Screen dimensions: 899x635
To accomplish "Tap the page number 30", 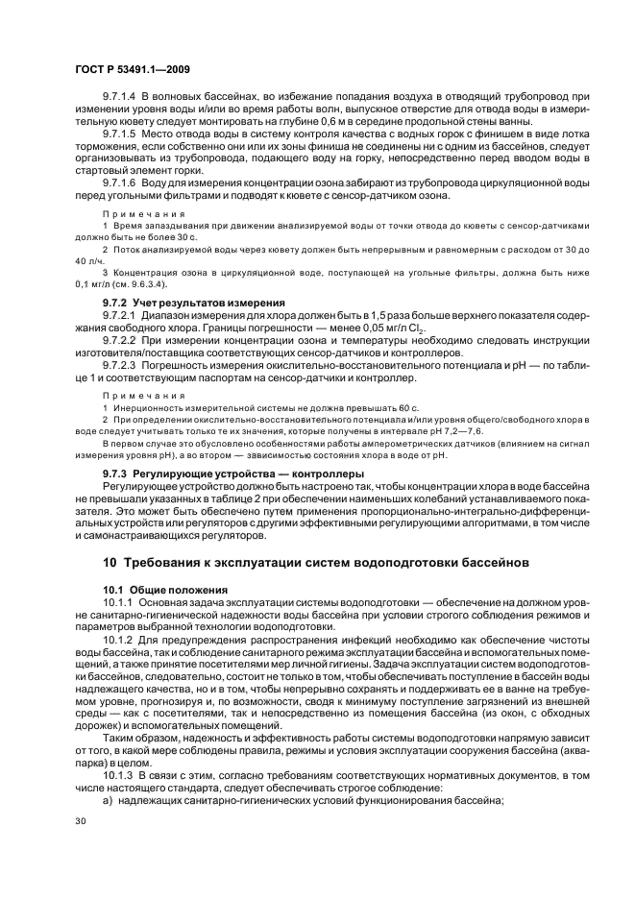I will (80, 821).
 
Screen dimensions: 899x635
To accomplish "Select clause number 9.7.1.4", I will (121, 98).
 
